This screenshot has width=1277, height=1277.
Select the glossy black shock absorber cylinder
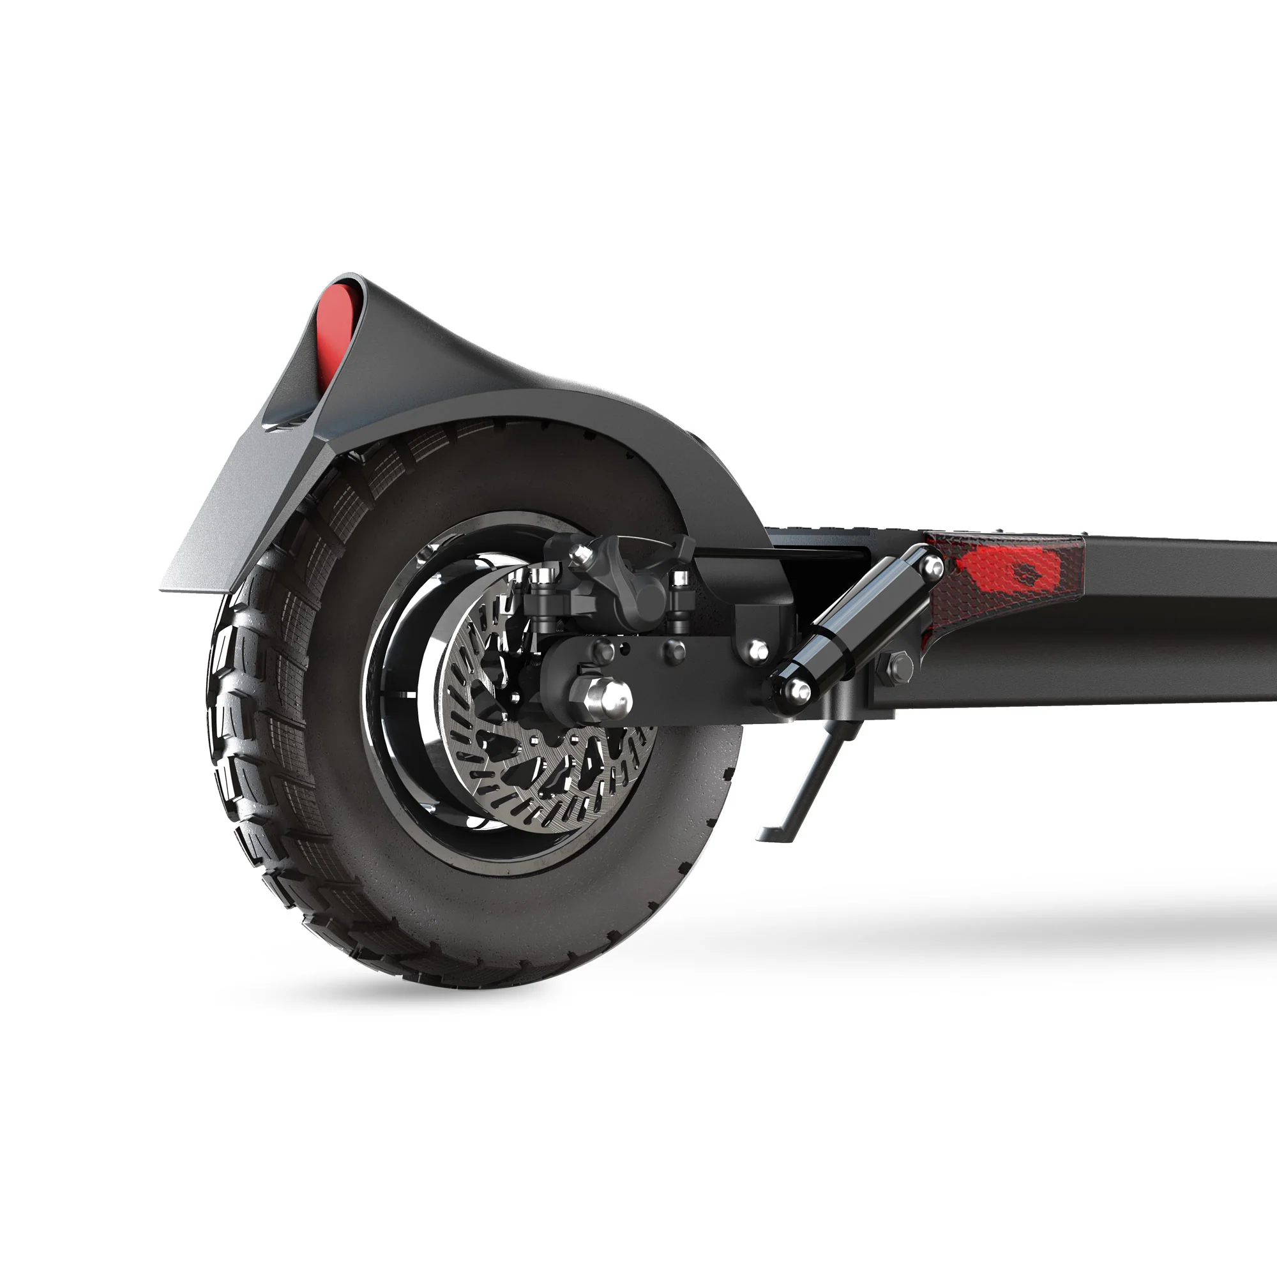[859, 624]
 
